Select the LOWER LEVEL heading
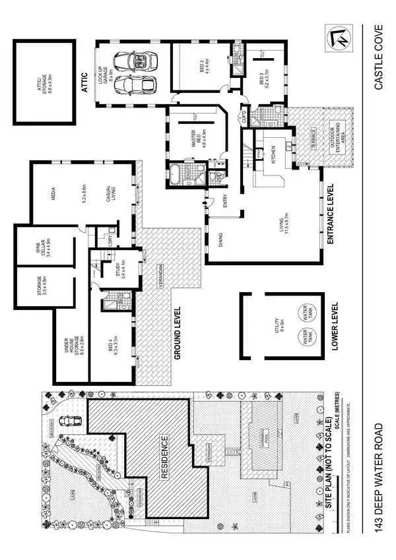[335, 327]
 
